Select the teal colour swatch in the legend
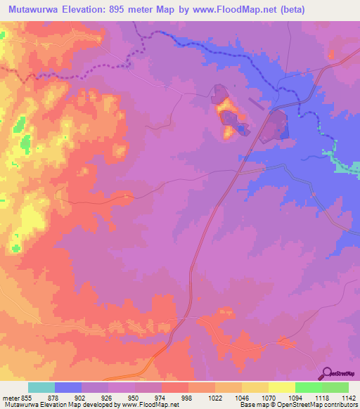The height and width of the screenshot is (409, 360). point(41,387)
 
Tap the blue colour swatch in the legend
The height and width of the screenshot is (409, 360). point(68,387)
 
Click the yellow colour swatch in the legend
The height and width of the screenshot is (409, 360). point(282,387)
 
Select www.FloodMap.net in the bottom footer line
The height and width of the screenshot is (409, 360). point(150,405)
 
